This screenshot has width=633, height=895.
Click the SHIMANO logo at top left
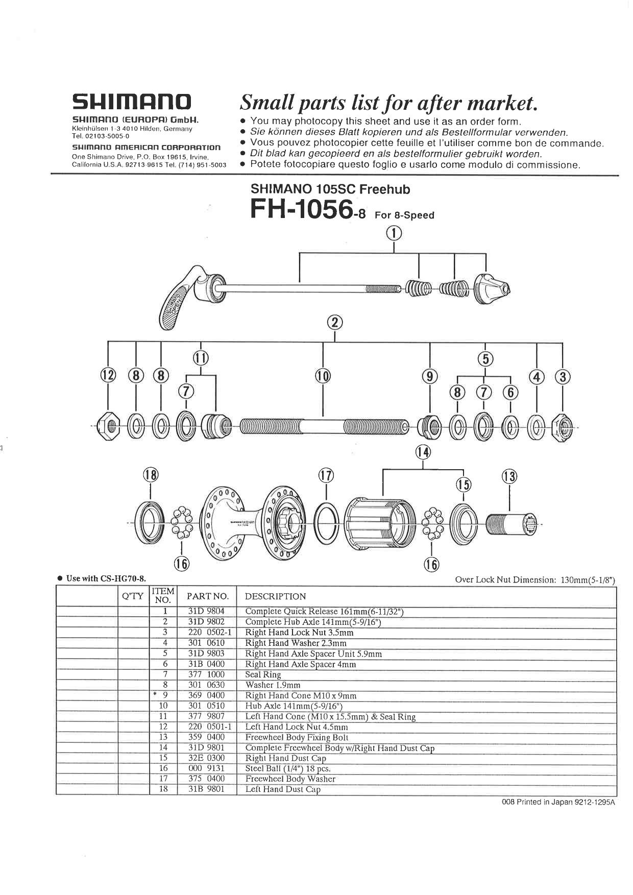pyautogui.click(x=132, y=102)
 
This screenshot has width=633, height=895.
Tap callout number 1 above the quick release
pyautogui.click(x=394, y=233)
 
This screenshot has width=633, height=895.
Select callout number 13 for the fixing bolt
pyautogui.click(x=509, y=476)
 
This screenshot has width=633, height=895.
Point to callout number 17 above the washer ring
pyautogui.click(x=326, y=476)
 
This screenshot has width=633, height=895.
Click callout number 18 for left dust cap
pyautogui.click(x=151, y=475)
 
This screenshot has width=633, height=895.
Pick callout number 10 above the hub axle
pyautogui.click(x=323, y=376)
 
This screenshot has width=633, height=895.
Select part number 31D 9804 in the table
pyautogui.click(x=206, y=611)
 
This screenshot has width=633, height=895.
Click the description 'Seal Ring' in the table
pyautogui.click(x=263, y=674)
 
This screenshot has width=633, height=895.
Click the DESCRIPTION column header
pyautogui.click(x=275, y=596)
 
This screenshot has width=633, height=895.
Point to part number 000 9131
pyautogui.click(x=206, y=768)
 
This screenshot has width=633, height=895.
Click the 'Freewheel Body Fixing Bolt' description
pyautogui.click(x=297, y=737)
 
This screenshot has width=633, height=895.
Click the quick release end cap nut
pyautogui.click(x=491, y=289)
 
